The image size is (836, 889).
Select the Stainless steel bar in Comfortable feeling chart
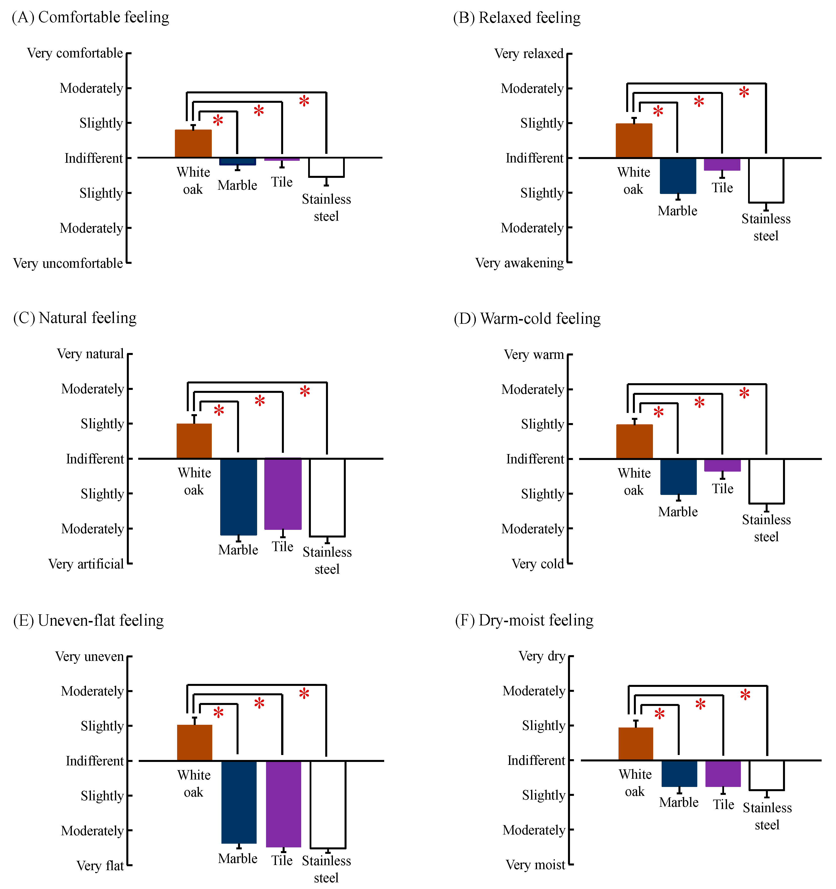[326, 167]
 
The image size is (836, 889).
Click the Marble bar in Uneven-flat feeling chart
[239, 802]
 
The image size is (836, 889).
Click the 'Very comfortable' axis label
[75, 53]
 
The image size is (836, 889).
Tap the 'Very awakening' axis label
[519, 263]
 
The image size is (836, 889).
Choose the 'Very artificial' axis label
[86, 564]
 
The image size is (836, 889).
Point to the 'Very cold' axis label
[538, 564]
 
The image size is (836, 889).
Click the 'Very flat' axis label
[100, 866]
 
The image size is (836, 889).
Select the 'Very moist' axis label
[536, 865]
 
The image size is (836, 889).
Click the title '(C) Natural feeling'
[75, 318]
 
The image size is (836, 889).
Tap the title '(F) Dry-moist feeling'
[524, 620]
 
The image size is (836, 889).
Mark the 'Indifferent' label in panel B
[535, 158]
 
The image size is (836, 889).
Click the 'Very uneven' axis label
[89, 656]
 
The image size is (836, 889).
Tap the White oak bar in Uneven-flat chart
[195, 743]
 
